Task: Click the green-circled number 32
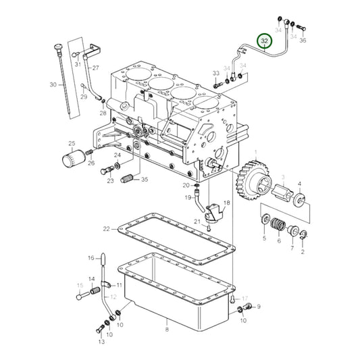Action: (x=265, y=42)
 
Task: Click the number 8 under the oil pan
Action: (x=166, y=330)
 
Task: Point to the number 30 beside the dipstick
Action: (x=53, y=84)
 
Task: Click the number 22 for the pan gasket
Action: (x=107, y=230)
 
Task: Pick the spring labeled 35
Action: (x=128, y=179)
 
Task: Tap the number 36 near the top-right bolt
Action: (x=303, y=41)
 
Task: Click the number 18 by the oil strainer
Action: (x=226, y=203)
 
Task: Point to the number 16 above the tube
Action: (x=91, y=257)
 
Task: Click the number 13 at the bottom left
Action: (x=101, y=342)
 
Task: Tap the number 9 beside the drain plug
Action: (x=258, y=306)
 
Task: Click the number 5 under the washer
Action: (x=264, y=238)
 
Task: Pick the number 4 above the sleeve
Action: (x=300, y=184)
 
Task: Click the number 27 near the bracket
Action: (x=95, y=68)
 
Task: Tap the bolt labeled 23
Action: (x=107, y=170)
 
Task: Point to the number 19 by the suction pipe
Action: (x=188, y=197)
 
